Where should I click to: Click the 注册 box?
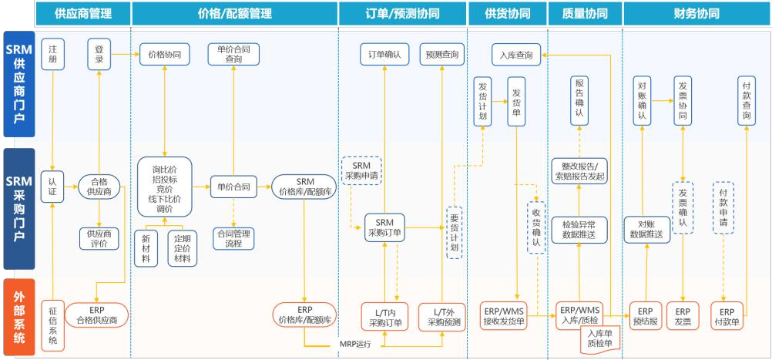(52, 53)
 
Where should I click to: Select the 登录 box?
(99, 53)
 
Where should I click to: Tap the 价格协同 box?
(165, 54)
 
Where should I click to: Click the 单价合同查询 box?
(233, 54)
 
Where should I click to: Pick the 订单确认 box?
(384, 54)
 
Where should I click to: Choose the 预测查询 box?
(441, 54)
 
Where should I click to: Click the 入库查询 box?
(516, 54)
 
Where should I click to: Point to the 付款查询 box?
(745, 99)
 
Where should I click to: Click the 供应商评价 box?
(99, 238)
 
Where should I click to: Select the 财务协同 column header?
(696, 14)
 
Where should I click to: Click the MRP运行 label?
(355, 344)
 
